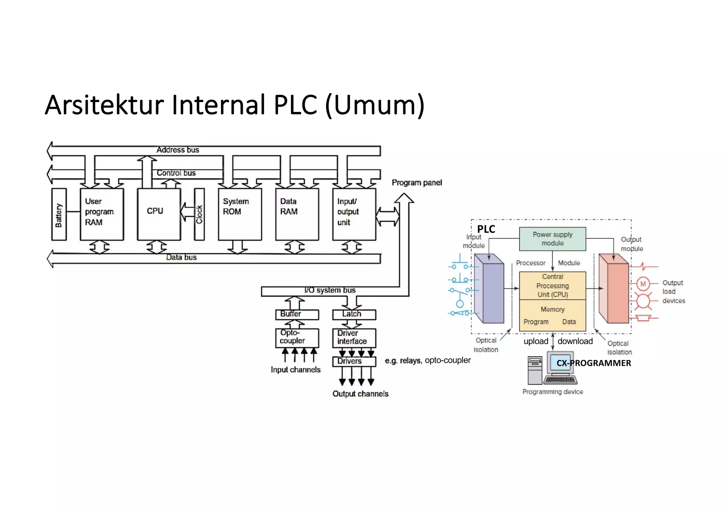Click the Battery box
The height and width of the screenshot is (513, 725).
click(59, 214)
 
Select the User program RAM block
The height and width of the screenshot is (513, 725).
click(102, 214)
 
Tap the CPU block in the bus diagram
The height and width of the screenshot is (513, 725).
click(159, 214)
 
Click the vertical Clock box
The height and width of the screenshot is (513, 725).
click(199, 214)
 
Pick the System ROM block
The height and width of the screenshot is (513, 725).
click(240, 214)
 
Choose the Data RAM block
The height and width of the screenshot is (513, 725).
click(297, 214)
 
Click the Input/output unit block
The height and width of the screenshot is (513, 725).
click(354, 214)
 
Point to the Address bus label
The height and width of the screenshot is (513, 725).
click(178, 150)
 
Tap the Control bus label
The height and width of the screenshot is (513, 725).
click(176, 173)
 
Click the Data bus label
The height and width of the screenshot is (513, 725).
click(181, 257)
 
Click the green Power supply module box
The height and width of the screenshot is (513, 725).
click(552, 239)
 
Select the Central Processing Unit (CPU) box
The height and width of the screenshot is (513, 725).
click(552, 286)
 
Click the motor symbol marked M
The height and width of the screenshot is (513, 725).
click(643, 284)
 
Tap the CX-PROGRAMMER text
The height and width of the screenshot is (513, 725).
click(594, 363)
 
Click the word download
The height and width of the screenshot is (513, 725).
click(575, 341)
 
